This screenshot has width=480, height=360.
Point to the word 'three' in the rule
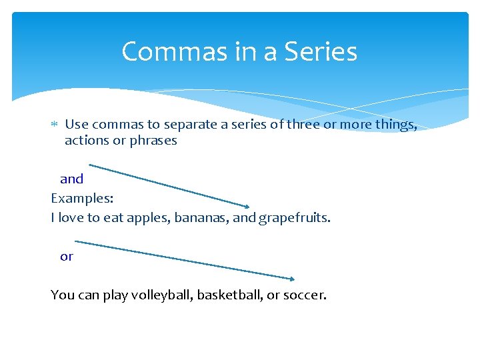[x=303, y=124]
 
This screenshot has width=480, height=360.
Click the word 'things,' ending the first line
[x=396, y=124]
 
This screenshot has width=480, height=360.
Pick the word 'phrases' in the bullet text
[x=155, y=141]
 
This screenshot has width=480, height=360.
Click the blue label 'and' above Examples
[x=71, y=179]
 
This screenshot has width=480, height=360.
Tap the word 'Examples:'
[x=77, y=198]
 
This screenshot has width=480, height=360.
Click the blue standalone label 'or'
[x=67, y=256]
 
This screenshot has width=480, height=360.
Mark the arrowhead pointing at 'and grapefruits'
[x=247, y=206]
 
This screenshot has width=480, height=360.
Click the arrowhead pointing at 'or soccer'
[x=291, y=279]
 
